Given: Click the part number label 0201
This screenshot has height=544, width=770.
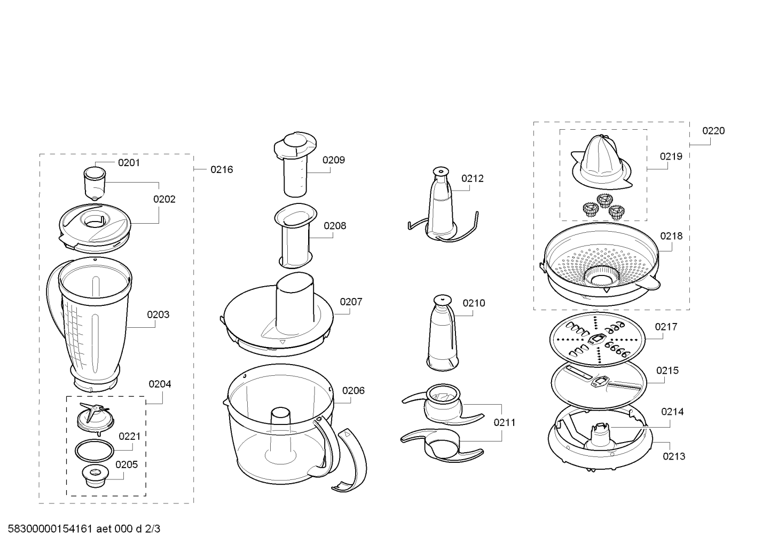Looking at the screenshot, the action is click(129, 162).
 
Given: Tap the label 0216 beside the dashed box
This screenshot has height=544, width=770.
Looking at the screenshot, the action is click(222, 169).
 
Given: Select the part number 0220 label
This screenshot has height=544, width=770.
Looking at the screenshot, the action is click(713, 131).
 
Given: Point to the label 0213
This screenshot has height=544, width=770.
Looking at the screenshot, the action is click(674, 456).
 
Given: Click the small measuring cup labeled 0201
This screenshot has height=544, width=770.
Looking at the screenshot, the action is click(95, 184).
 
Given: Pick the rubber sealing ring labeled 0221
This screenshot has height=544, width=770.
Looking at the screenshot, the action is click(95, 451).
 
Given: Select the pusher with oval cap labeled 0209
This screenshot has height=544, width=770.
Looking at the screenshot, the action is click(295, 164).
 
